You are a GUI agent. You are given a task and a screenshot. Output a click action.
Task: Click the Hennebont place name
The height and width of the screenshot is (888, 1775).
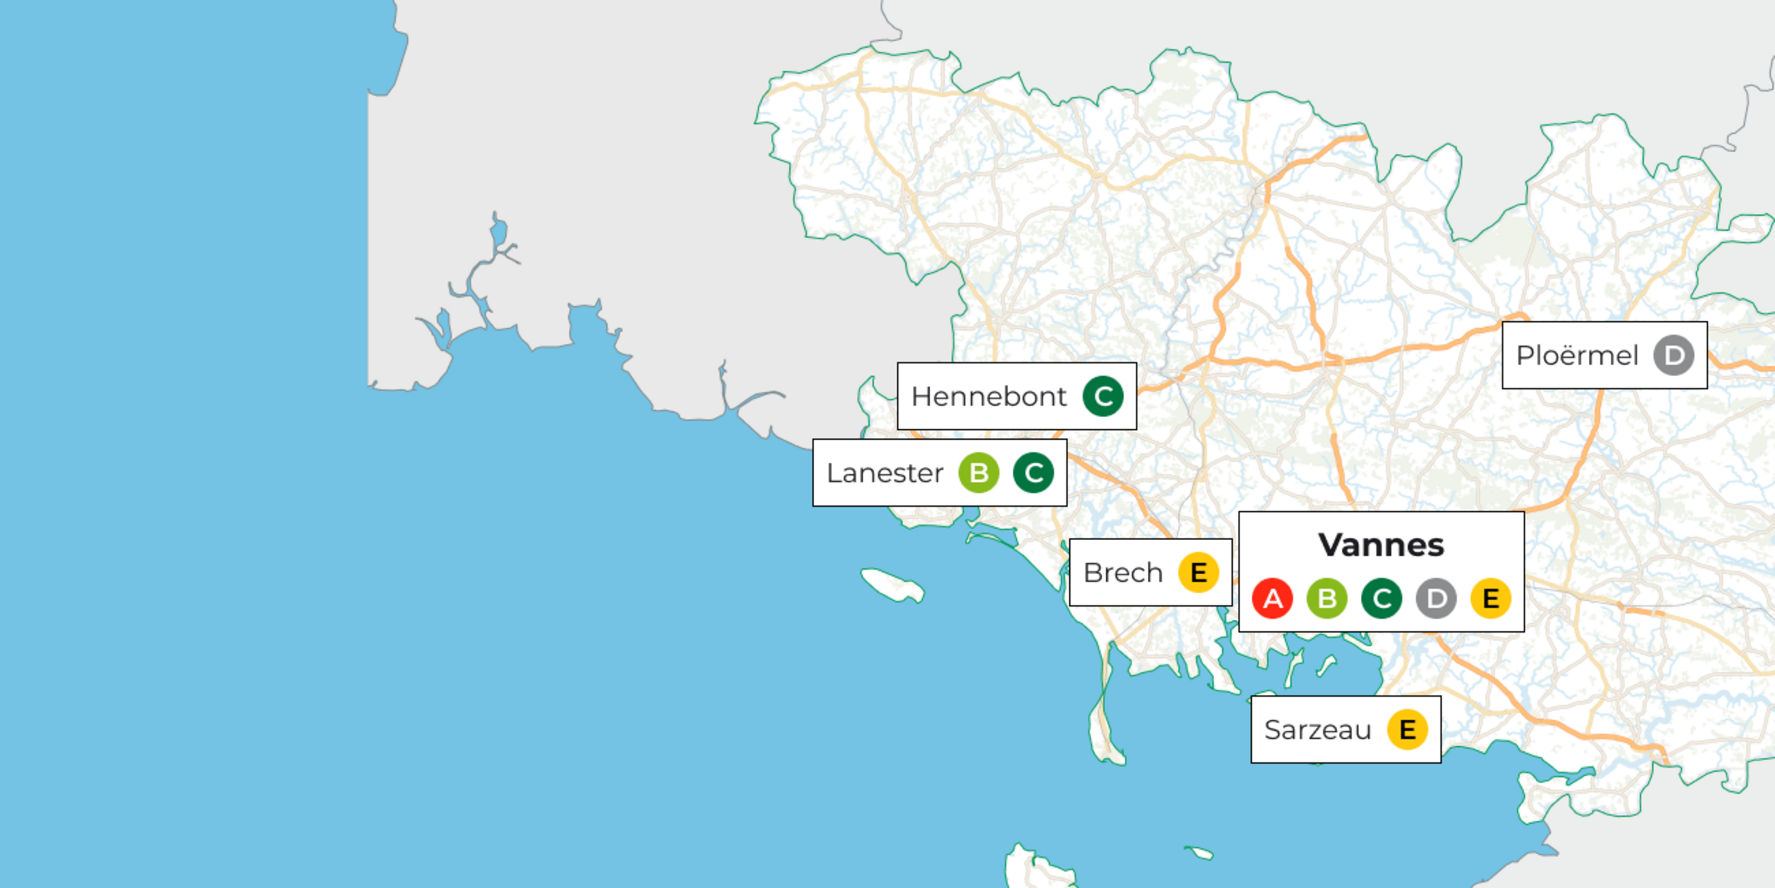click(x=988, y=397)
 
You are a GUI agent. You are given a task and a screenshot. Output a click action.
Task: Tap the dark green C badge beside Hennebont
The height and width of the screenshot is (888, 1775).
click(x=1103, y=397)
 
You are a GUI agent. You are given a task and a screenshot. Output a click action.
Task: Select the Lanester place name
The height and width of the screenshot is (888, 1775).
click(x=885, y=473)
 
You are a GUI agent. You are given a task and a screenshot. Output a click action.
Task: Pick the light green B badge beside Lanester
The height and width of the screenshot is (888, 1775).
click(x=979, y=473)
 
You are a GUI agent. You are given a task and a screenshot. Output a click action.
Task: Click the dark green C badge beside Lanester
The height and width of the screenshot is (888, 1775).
click(x=1033, y=473)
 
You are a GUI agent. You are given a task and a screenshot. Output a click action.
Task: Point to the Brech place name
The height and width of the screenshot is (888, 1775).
click(x=1122, y=573)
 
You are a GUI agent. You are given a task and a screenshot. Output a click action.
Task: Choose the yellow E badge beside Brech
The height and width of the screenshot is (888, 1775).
click(x=1198, y=572)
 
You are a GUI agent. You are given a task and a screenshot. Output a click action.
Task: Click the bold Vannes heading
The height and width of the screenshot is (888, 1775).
click(x=1381, y=545)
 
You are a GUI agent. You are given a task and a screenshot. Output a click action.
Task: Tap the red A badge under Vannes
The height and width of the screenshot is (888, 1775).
click(x=1272, y=598)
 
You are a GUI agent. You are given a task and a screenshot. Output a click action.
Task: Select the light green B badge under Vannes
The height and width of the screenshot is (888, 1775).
click(x=1326, y=598)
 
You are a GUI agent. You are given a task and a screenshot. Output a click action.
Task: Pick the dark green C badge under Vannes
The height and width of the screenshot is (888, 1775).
click(x=1381, y=598)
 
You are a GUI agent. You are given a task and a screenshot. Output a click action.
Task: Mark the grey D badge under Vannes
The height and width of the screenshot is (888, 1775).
click(x=1436, y=598)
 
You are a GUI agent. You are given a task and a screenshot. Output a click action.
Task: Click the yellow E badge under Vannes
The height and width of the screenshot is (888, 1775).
click(x=1490, y=598)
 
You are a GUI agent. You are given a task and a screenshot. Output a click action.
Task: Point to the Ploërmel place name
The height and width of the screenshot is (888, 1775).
click(x=1577, y=356)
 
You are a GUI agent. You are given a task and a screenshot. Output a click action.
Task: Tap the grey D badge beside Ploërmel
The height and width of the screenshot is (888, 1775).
click(x=1674, y=356)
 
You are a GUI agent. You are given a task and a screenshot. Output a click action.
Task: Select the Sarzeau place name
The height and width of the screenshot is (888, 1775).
click(x=1318, y=730)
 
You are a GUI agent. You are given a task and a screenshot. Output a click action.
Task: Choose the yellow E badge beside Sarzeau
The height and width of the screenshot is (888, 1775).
click(x=1407, y=730)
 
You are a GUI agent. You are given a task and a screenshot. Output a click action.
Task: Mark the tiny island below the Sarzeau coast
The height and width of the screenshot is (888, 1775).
click(x=1199, y=853)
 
